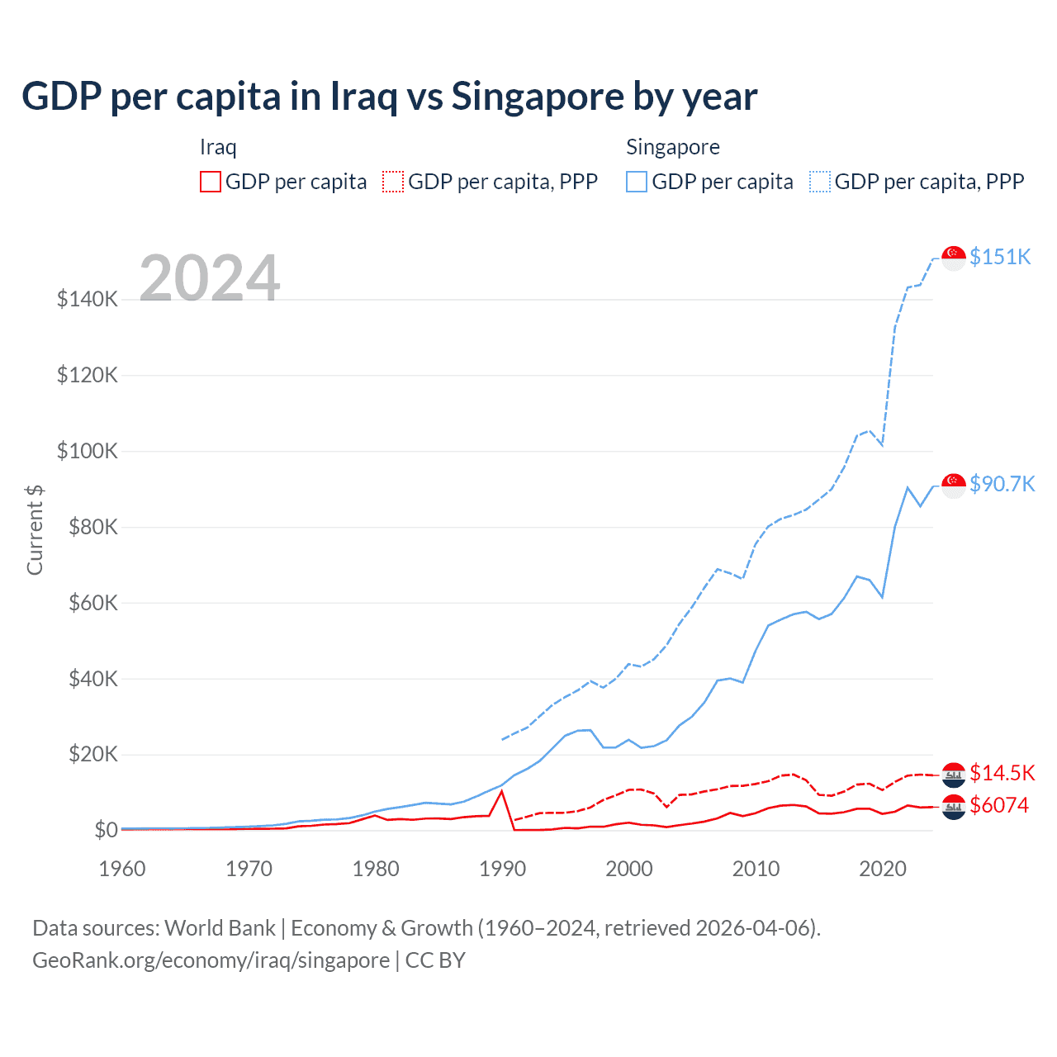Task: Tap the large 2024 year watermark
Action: coord(210,278)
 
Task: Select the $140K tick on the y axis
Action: coord(88,299)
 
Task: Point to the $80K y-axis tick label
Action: coord(88,527)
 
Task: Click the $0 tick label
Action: coord(105,830)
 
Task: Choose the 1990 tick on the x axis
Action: coord(502,869)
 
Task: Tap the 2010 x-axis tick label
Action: coord(756,869)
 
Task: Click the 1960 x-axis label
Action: coord(122,869)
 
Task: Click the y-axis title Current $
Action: coord(35,529)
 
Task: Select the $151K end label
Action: coord(1000,257)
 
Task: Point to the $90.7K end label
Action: coord(1002,484)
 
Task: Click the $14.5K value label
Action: coord(1002,773)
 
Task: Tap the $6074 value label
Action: coord(999,805)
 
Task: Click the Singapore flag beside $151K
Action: coord(954,258)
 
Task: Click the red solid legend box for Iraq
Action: coord(211,182)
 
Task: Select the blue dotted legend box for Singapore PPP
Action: coord(820,182)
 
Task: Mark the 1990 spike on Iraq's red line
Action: coord(501,792)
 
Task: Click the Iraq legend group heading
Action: coord(218,147)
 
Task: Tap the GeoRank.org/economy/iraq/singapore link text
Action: coord(211,960)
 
